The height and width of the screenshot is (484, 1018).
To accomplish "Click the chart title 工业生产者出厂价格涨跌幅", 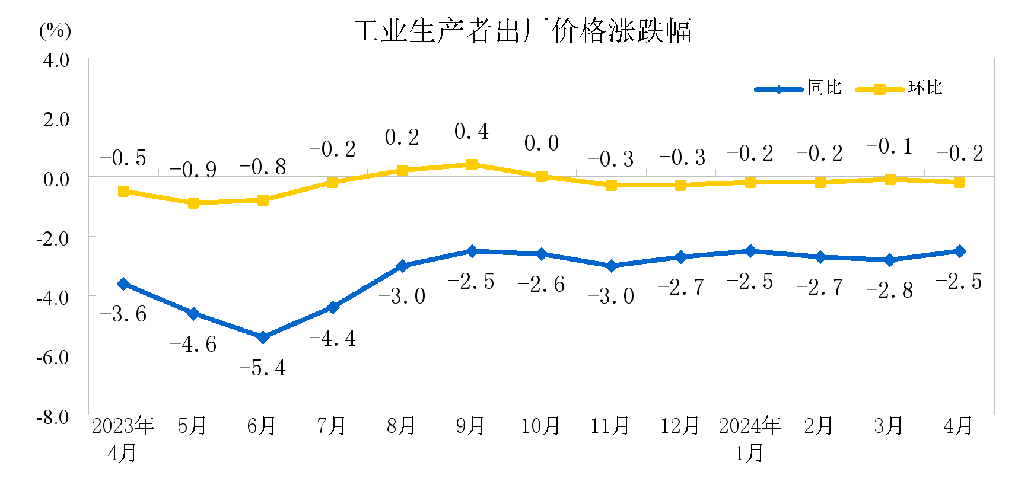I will (522, 31).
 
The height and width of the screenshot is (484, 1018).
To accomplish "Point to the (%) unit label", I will (55, 30).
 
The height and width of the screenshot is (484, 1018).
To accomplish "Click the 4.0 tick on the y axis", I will (56, 60).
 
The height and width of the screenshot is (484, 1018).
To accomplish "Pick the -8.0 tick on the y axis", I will (53, 417).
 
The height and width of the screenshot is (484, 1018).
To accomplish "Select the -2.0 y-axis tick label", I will (53, 238).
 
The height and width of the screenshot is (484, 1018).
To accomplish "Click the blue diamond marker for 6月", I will (263, 337).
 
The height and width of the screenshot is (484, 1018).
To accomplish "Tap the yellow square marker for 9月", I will (472, 164).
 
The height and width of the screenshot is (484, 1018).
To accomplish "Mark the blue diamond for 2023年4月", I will (123, 284).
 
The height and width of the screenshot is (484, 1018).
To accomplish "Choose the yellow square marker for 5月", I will (193, 203).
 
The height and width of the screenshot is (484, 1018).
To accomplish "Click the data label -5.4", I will (262, 368).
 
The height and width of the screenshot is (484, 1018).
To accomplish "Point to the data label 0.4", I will (472, 132).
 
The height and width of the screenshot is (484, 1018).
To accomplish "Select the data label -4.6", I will (193, 345).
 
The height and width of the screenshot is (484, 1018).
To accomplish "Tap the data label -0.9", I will (193, 170).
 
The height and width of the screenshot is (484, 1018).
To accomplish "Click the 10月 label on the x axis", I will (540, 426).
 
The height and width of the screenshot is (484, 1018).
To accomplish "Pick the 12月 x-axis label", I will (680, 426).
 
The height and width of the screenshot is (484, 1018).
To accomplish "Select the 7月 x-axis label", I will (332, 426).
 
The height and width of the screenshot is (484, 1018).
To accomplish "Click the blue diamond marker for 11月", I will (611, 266).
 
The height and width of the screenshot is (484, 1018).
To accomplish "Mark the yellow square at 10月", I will (542, 176).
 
